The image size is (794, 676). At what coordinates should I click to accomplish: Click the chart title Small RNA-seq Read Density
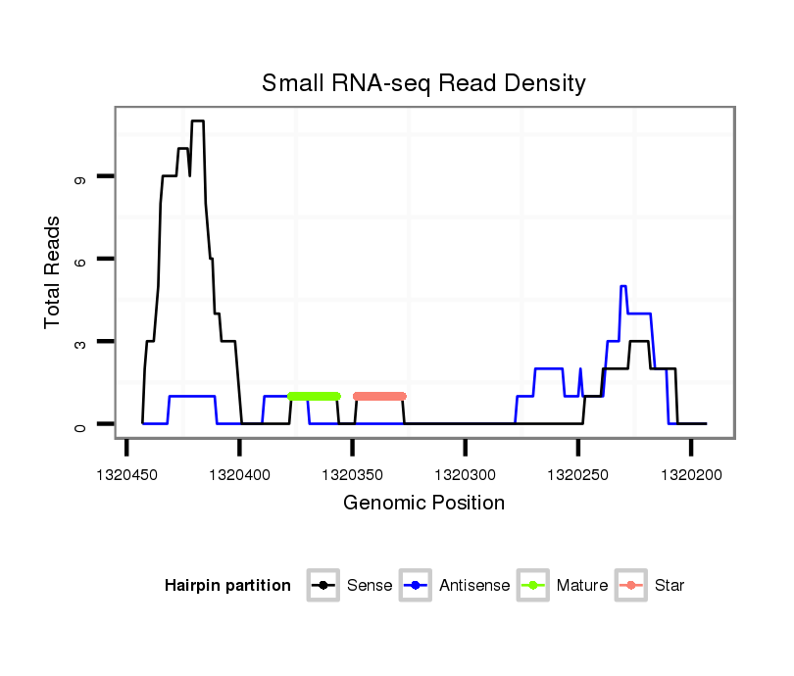[423, 83]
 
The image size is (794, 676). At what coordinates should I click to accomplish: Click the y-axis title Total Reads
[53, 272]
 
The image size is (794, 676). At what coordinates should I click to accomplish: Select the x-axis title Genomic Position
[423, 504]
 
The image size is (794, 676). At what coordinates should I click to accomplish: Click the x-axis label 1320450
[127, 475]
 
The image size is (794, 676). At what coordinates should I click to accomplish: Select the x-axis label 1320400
[240, 475]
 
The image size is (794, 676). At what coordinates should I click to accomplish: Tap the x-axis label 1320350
[353, 475]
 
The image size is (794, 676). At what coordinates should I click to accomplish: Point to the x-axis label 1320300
[466, 475]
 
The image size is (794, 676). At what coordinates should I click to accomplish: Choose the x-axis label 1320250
[578, 475]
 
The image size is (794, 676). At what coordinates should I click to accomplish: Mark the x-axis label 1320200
[691, 475]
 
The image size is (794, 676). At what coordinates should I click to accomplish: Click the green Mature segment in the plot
[314, 396]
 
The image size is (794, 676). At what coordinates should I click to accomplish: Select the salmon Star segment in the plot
[379, 396]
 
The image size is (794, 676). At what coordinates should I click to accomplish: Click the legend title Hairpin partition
[227, 586]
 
